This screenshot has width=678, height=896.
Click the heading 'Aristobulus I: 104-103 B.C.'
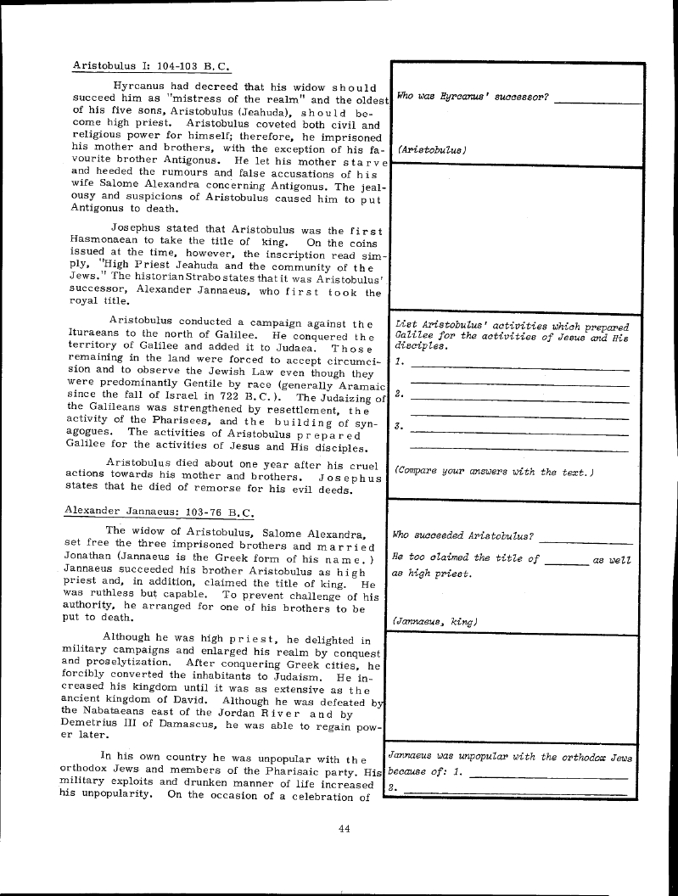(152, 65)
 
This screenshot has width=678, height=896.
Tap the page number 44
(344, 829)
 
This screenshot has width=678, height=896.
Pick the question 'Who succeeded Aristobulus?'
(463, 535)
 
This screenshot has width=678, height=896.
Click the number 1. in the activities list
(400, 362)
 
